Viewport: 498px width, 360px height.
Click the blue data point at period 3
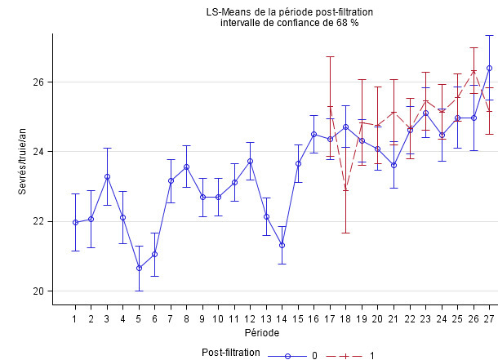[107, 176]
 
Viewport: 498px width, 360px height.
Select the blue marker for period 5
[139, 268]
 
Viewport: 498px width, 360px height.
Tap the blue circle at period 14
[282, 245]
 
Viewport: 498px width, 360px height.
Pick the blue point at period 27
[489, 68]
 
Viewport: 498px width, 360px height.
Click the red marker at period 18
[345, 189]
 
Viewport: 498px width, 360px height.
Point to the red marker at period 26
[474, 71]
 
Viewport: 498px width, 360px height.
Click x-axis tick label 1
[75, 318]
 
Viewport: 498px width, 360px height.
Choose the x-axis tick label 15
[298, 318]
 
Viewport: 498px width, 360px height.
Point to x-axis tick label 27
[489, 318]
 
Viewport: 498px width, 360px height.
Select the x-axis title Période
[263, 333]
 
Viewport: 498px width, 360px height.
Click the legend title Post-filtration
[231, 353]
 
